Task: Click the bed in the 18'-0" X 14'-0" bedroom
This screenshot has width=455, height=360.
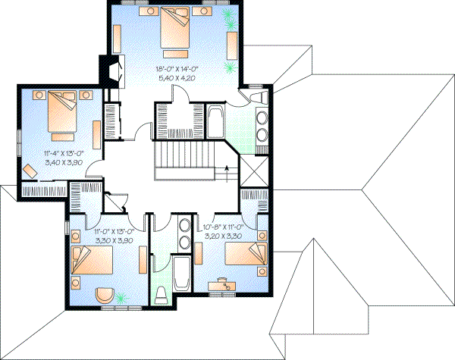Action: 176,28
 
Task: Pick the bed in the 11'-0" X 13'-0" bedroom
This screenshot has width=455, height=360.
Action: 89,265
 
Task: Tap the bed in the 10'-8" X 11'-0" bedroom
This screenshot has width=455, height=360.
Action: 246,258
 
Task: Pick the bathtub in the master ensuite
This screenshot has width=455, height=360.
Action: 215,121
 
